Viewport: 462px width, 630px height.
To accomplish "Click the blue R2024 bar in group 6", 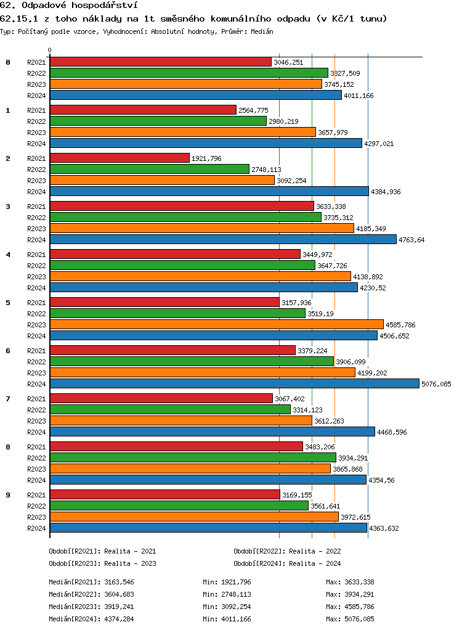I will tap(234, 383).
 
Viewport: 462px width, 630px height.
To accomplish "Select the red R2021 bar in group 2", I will tap(120, 158).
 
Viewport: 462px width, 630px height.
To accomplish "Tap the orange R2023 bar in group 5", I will tap(216, 324).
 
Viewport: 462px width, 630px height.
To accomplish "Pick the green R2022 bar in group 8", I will tap(193, 457).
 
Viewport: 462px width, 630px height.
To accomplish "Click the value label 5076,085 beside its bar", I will tap(436, 384).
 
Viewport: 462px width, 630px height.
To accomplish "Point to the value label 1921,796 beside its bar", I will tap(206, 158).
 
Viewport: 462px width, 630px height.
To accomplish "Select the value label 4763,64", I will tap(412, 240).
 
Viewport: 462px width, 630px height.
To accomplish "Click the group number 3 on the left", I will tap(8, 207).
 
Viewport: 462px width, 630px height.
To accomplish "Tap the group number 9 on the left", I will tap(8, 495).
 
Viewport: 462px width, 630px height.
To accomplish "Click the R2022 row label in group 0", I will tap(36, 73).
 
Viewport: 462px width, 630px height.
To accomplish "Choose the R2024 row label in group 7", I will tap(36, 432).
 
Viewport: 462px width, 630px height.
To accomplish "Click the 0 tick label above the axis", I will tap(50, 50).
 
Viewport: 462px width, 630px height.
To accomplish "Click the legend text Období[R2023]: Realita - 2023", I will tap(102, 563).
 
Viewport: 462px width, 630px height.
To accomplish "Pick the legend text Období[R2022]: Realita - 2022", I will tap(287, 551).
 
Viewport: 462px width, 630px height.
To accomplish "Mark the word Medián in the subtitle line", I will tap(262, 31).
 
